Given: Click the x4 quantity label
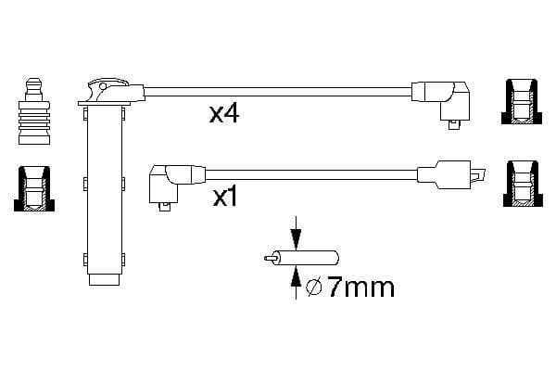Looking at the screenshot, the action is click(224, 114).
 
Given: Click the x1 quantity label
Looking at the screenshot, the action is click(224, 198).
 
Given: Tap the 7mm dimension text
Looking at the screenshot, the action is click(360, 288).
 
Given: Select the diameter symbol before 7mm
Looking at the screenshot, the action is click(313, 288).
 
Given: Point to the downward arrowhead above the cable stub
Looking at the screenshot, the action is click(296, 237).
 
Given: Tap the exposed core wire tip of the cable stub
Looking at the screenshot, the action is click(269, 258).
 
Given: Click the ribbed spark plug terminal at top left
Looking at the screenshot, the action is click(34, 111).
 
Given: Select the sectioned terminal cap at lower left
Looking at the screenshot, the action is click(34, 188).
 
